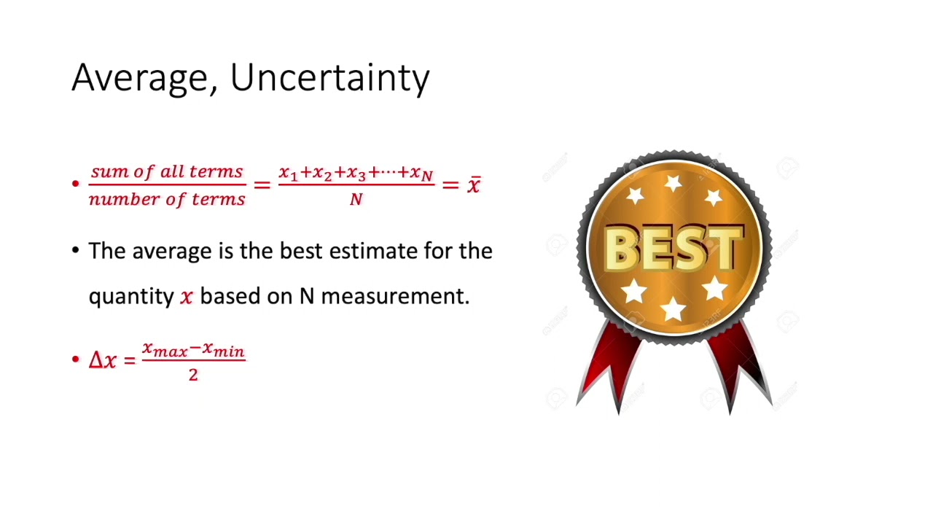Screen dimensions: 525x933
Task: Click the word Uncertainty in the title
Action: (x=329, y=77)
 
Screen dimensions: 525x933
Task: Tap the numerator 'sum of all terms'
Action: (x=167, y=172)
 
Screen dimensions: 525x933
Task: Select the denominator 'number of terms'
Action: (x=167, y=199)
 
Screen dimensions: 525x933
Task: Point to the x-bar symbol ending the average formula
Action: (x=474, y=185)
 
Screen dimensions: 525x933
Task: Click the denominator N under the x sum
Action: (x=356, y=199)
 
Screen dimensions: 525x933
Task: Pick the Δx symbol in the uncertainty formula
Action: (x=102, y=360)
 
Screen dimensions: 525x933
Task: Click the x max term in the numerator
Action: (x=165, y=350)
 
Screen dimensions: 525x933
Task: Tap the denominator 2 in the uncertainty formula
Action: (x=193, y=375)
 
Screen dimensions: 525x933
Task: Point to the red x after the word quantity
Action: (x=187, y=297)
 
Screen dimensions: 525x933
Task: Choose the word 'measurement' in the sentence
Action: (x=394, y=296)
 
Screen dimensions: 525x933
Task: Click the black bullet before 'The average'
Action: (x=76, y=251)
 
